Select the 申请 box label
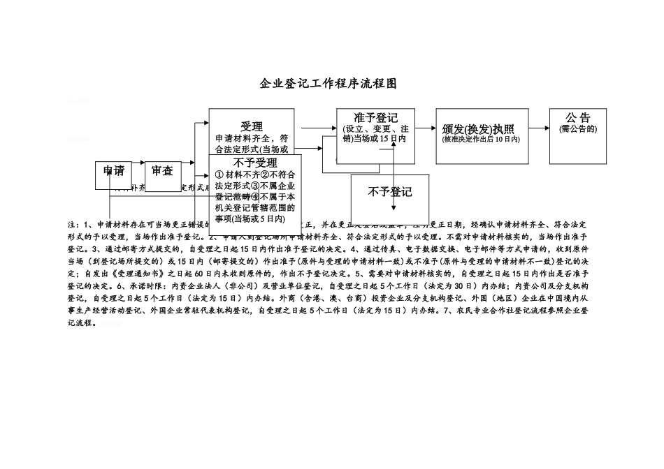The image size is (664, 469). [114, 171]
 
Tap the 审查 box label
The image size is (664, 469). [162, 171]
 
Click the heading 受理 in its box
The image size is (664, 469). [252, 126]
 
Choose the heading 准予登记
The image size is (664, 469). [376, 117]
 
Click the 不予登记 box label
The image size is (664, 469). [390, 193]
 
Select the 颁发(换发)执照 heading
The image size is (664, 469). [479, 129]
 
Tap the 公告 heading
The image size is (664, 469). [579, 118]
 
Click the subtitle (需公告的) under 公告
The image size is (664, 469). [579, 129]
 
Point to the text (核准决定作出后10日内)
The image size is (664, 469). [482, 140]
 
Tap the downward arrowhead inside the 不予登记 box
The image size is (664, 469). [395, 209]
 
